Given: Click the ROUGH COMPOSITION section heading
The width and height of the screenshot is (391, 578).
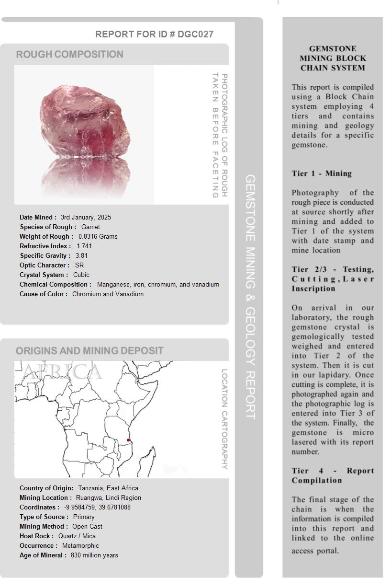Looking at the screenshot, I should tap(69, 54).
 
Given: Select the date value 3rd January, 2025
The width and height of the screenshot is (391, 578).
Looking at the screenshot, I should tap(86, 217).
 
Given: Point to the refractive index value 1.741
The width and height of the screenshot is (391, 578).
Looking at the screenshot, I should tap(84, 246).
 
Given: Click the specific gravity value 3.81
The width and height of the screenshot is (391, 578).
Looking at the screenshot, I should tap(81, 255).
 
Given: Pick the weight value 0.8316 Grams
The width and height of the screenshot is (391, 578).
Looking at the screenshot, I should tap(98, 236).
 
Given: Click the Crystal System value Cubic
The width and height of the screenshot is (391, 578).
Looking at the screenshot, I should tap(81, 275).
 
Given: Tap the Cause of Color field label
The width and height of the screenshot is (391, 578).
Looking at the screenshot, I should tap(44, 294).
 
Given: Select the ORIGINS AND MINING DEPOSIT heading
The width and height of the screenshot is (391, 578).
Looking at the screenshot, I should tap(89, 350).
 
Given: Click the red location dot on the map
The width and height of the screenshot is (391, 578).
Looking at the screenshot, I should tap(128, 440).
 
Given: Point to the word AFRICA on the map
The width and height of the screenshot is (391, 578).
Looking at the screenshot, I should tap(62, 372).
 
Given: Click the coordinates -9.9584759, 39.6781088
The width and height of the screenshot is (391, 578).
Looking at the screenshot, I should tap(97, 507).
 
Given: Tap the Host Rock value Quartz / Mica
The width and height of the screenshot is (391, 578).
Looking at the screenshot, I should tap(77, 536).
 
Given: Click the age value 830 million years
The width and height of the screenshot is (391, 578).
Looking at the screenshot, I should tap(94, 555).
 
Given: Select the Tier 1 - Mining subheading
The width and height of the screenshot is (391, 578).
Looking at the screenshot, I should tap(322, 173).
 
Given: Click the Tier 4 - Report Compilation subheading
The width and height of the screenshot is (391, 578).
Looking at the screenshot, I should tap(333, 475).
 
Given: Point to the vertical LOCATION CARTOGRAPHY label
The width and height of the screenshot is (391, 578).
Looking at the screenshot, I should tap(224, 419).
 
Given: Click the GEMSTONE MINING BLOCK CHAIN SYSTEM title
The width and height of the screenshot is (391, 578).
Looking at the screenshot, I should tap(333, 58).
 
